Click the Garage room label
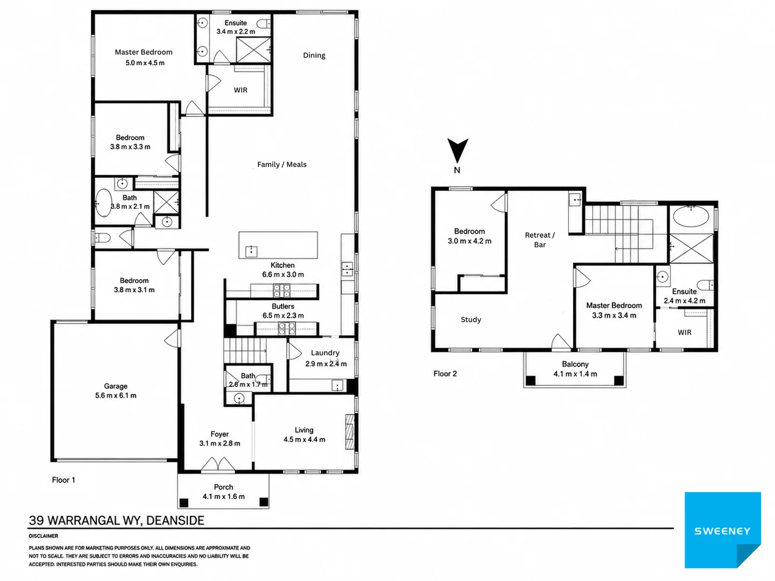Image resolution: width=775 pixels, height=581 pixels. click(116, 386)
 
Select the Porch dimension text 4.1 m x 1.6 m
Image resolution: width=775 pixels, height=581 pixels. click(223, 497)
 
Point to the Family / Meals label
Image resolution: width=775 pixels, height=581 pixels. click(282, 165)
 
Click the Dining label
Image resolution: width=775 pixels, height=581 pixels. click(314, 55)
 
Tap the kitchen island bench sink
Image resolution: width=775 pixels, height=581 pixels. click(251, 251)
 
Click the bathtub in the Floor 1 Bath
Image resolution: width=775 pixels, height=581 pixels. click(103, 203)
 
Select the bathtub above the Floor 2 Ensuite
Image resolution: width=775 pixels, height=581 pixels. click(691, 216)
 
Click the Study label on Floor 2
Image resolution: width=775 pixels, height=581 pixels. click(470, 320)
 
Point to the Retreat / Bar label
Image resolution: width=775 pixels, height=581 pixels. click(540, 240)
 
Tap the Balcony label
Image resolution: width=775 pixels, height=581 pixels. click(575, 364)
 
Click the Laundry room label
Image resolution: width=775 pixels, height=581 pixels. click(325, 353)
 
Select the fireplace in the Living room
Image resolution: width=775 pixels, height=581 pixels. click(349, 431)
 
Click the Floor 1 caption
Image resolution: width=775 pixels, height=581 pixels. click(64, 480)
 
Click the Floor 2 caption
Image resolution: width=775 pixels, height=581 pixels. click(445, 373)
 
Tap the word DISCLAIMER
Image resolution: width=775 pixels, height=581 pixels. click(44, 536)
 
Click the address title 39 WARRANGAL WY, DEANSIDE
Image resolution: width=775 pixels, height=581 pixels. click(116, 521)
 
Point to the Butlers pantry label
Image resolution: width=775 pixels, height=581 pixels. click(283, 306)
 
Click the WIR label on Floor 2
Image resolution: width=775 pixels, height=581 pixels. click(684, 332)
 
